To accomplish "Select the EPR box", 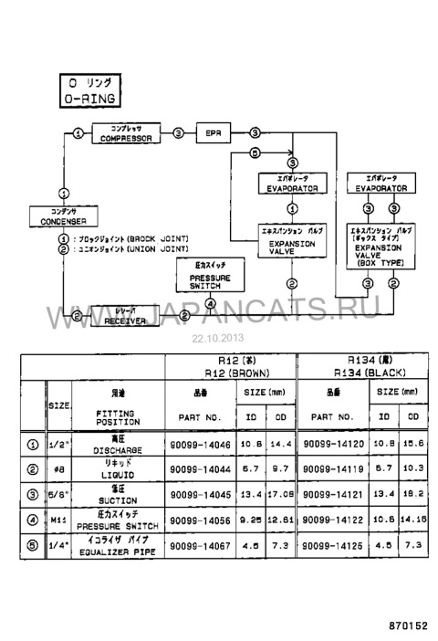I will (214, 133).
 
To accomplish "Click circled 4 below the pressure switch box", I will (210, 304).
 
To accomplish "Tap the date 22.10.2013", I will (212, 336).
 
